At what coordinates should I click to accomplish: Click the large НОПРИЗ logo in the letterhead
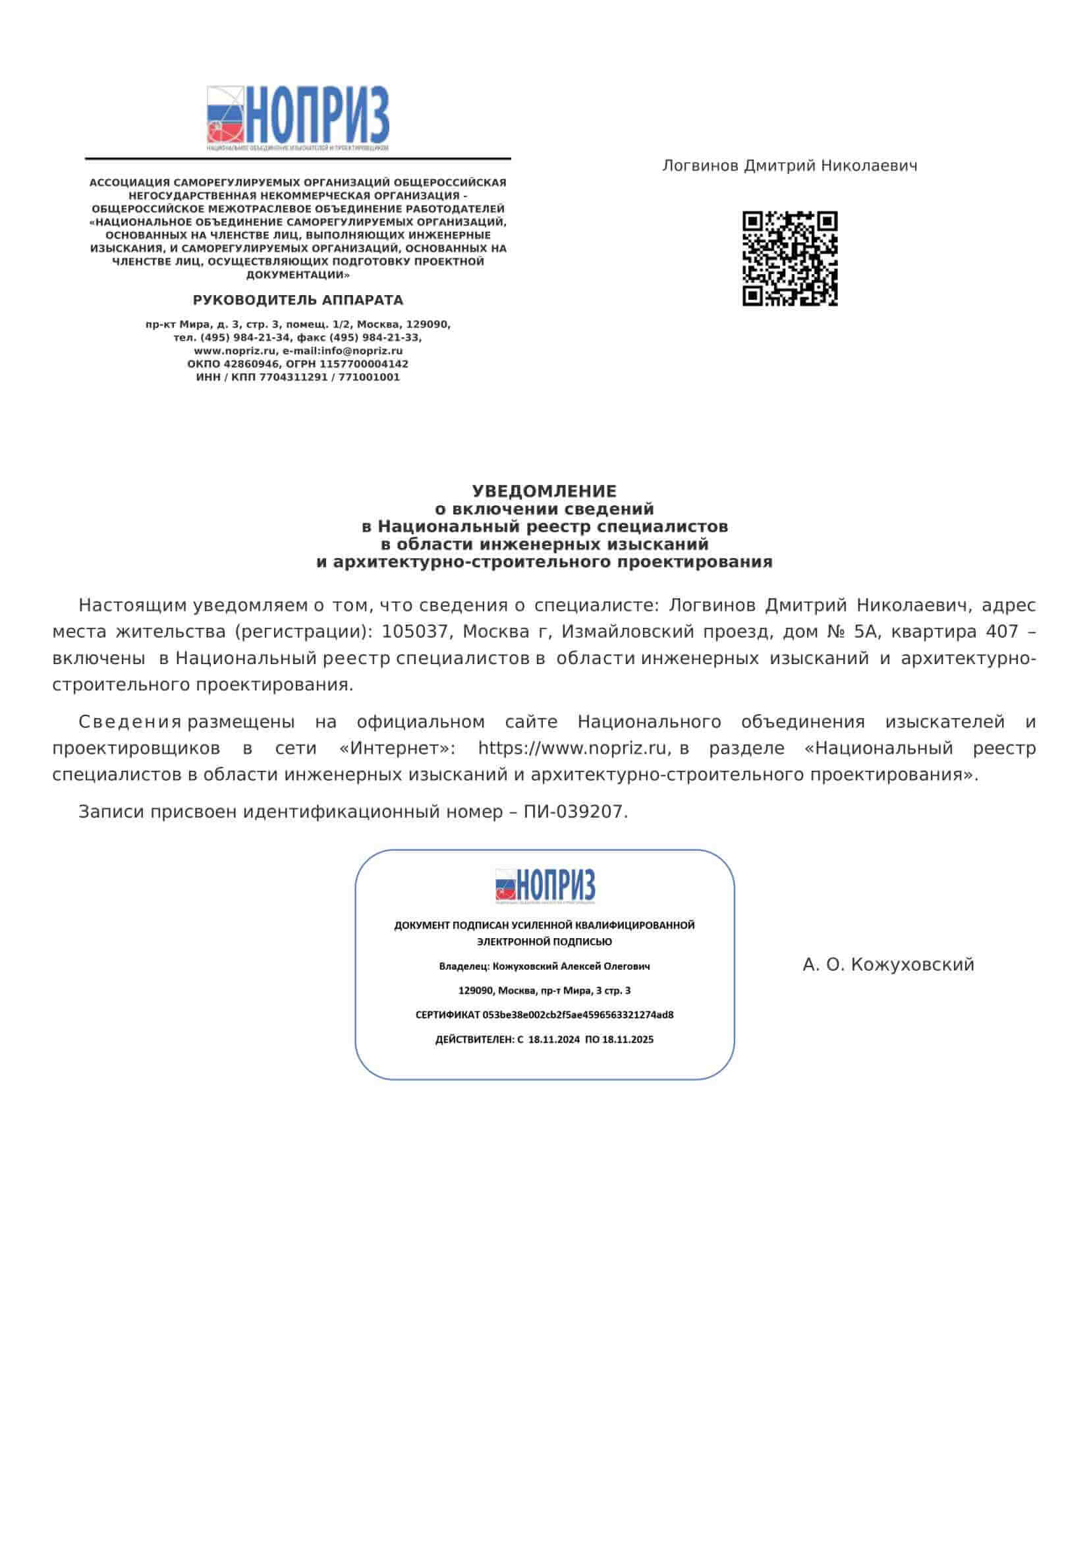(x=297, y=118)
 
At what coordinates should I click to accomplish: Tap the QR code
(x=790, y=258)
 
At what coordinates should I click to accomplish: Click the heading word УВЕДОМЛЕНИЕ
(x=544, y=491)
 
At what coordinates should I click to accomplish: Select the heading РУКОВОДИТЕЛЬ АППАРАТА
(x=298, y=300)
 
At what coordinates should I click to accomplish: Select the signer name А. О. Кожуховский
(x=887, y=965)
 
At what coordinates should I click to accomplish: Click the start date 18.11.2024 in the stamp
(x=553, y=1040)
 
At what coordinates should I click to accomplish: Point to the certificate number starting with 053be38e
(x=578, y=1015)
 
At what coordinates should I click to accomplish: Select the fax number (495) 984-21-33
(x=374, y=337)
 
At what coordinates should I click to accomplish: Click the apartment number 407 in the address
(x=1002, y=632)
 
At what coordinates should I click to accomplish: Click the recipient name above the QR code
(x=789, y=166)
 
